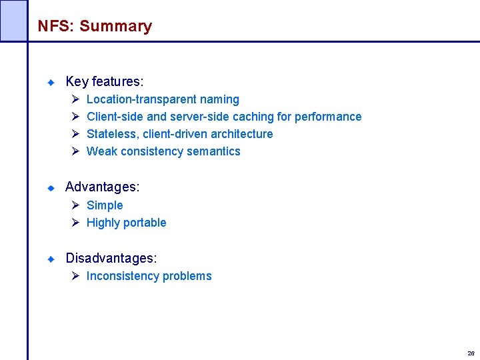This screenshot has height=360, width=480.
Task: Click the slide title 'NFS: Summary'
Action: point(95,27)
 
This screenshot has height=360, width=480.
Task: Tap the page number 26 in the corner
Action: point(471,353)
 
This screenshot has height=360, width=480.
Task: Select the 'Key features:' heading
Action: point(105,82)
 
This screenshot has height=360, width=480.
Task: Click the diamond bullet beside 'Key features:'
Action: point(50,82)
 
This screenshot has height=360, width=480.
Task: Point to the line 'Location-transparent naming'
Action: point(163,99)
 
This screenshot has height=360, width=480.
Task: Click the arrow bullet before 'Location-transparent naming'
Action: point(75,99)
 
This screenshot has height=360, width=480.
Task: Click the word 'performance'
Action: point(328,117)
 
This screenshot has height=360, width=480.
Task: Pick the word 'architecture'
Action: point(241,134)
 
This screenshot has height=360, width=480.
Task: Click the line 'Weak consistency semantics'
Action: point(163,151)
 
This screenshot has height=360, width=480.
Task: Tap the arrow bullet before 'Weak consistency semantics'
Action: point(75,151)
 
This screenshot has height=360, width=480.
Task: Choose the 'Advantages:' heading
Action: point(102,187)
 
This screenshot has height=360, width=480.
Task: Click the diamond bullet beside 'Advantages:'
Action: point(50,188)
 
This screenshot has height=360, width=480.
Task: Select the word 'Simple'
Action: point(105,205)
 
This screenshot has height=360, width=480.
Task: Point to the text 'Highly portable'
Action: point(126,223)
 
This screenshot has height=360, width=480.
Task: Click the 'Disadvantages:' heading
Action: point(111,258)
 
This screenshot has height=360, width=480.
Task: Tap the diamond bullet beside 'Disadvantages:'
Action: point(50,259)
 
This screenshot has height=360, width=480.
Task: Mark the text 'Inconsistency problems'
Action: point(149,276)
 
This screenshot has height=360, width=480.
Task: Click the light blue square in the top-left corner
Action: point(13,20)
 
